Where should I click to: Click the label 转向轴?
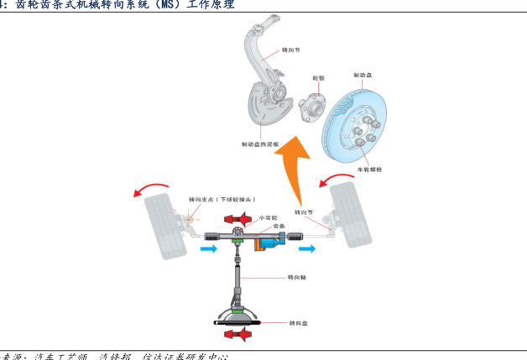[297, 276]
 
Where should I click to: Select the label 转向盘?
[299, 322]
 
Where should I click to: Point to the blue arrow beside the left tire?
[207, 249]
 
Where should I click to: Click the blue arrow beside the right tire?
[309, 248]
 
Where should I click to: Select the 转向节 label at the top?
[291, 50]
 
